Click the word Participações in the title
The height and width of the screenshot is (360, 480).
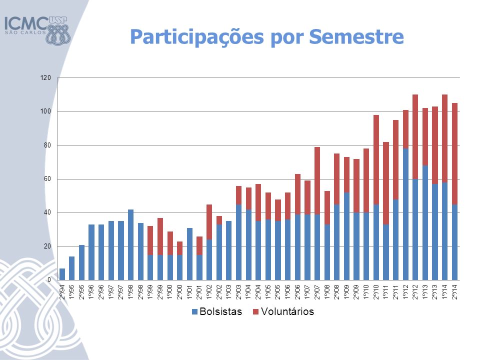tap(197, 37)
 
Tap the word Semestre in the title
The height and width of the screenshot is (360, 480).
tap(356, 36)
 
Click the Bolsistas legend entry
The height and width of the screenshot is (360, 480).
tap(216, 311)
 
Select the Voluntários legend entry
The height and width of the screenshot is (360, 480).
tap(283, 311)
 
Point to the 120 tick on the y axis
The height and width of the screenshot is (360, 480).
tap(45, 78)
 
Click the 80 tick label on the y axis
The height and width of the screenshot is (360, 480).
tap(47, 145)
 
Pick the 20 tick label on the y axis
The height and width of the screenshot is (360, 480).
tap(47, 246)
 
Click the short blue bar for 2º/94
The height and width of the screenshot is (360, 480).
tap(62, 274)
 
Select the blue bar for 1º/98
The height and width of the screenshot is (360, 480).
tap(130, 244)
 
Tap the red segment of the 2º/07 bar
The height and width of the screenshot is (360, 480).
tap(317, 180)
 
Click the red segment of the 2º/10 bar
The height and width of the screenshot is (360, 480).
tap(376, 160)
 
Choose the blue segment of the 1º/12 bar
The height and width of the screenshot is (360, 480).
tap(405, 214)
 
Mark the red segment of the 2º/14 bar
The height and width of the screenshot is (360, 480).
tap(454, 153)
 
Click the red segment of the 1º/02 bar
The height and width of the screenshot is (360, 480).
tap(209, 222)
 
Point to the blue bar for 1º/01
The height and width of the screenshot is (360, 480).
tap(190, 254)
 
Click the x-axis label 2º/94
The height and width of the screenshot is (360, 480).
tap(62, 291)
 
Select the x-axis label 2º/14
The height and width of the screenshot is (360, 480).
tap(454, 291)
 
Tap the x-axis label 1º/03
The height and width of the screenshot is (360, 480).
tap(229, 291)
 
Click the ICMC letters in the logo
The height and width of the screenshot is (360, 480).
tap(25, 23)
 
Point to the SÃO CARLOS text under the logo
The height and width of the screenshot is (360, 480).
tap(25, 32)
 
